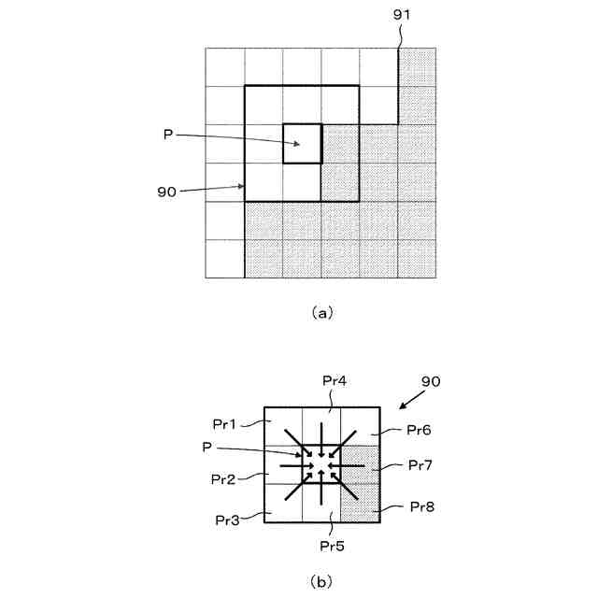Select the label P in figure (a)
click(x=168, y=135)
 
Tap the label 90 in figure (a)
click(x=166, y=192)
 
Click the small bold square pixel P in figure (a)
click(x=303, y=144)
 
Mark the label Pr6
click(x=419, y=430)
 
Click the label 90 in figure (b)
click(x=431, y=382)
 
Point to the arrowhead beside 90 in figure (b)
click(x=401, y=406)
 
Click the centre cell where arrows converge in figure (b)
click(x=321, y=463)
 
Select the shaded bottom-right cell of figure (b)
click(x=360, y=503)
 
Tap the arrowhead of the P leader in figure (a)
click(x=297, y=144)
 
